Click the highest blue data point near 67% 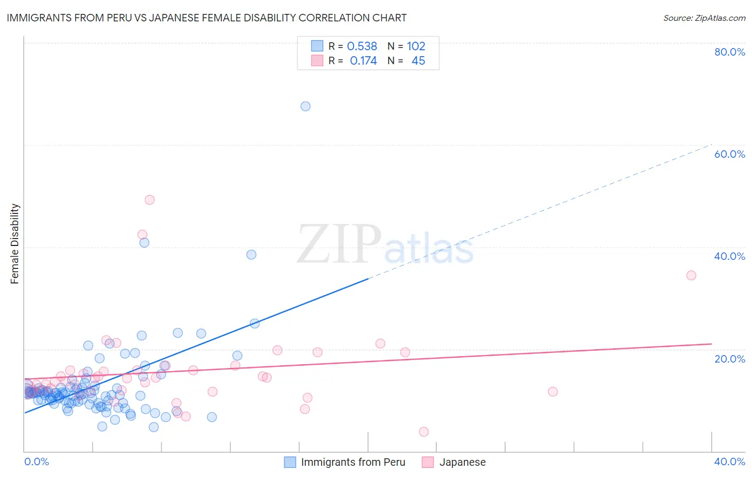tap(305, 106)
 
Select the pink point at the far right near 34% tap(691, 275)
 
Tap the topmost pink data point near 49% tap(150, 200)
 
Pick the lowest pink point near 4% tap(424, 432)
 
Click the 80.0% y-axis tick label tap(730, 52)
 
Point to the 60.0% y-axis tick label tap(730, 154)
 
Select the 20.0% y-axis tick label tap(730, 359)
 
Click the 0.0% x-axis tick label tap(37, 461)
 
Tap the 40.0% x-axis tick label tap(730, 461)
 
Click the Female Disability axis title tap(15, 244)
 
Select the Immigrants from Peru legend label tap(353, 462)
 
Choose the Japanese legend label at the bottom tap(463, 462)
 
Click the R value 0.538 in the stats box tap(362, 47)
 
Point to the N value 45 tap(418, 61)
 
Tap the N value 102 tap(416, 47)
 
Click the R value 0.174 tap(363, 61)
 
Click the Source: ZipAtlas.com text tap(704, 18)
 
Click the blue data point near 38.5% tap(251, 255)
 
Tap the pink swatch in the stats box tap(317, 60)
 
